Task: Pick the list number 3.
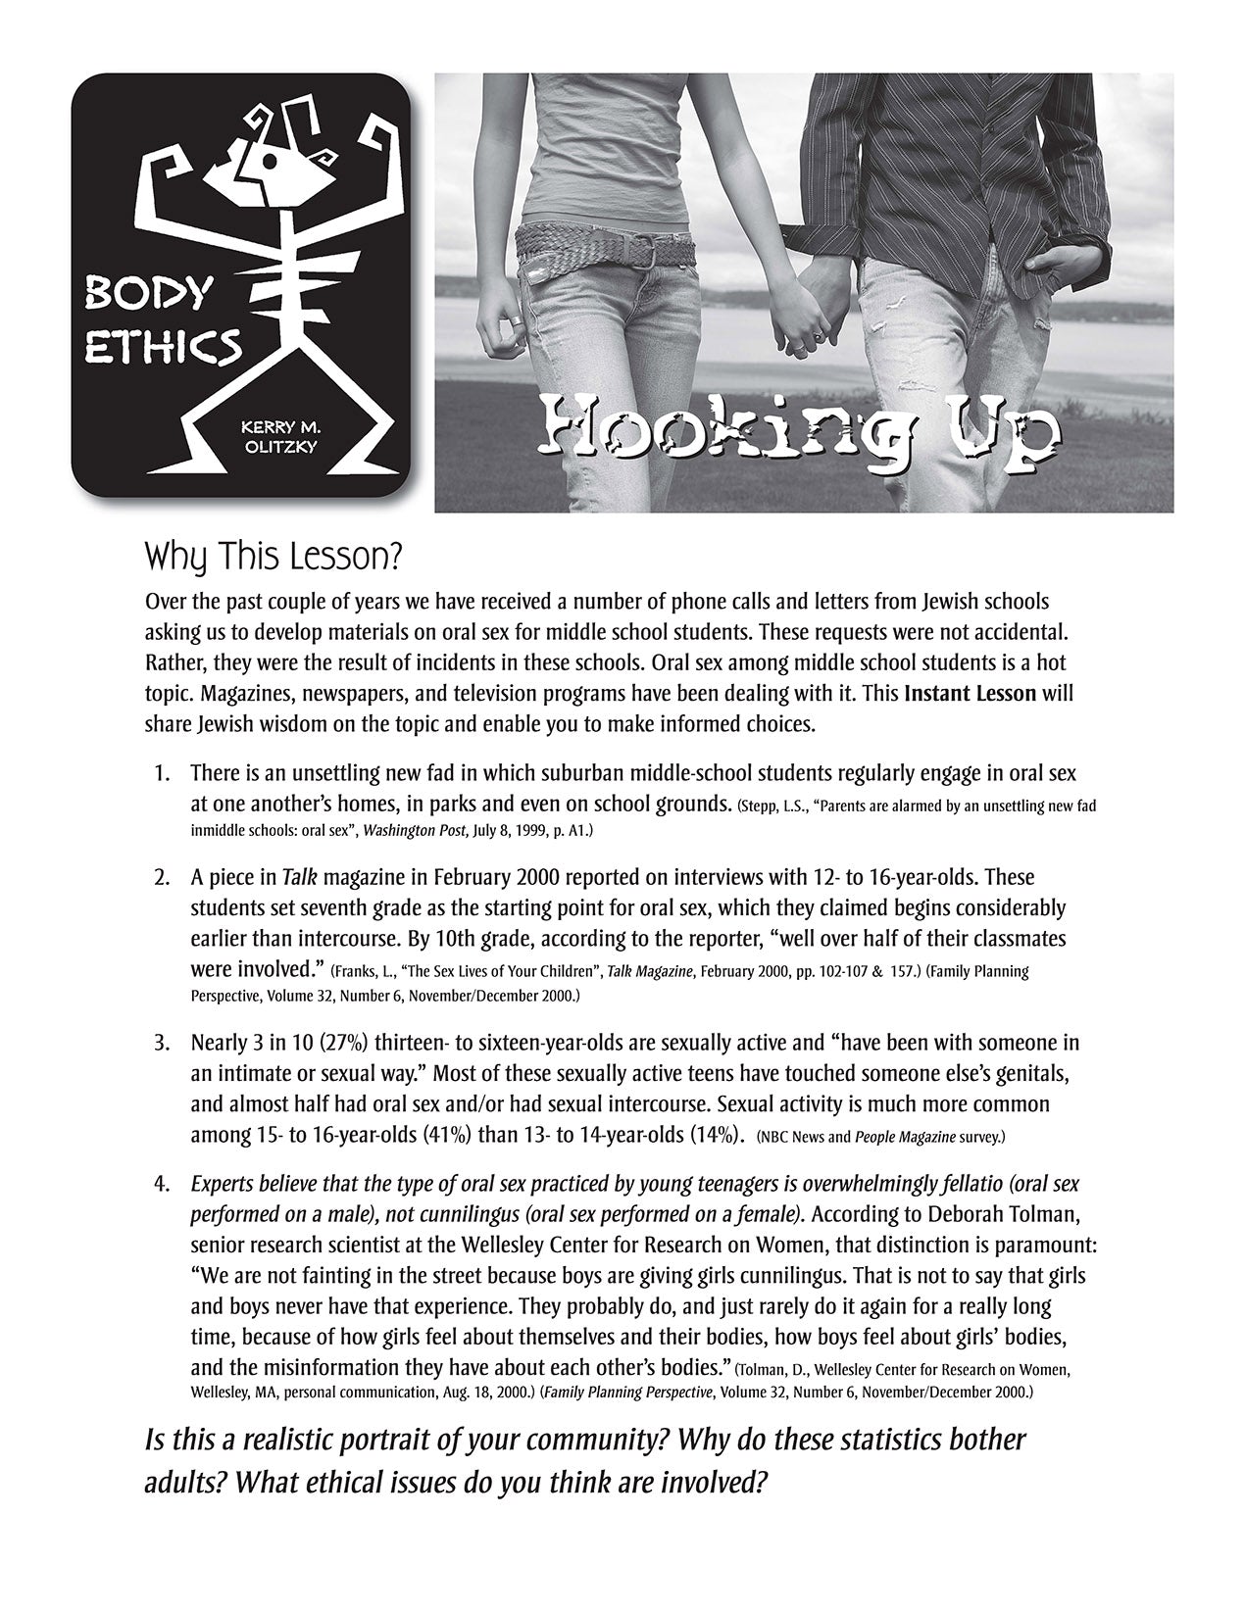coord(161,1042)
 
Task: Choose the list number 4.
coord(161,1183)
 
